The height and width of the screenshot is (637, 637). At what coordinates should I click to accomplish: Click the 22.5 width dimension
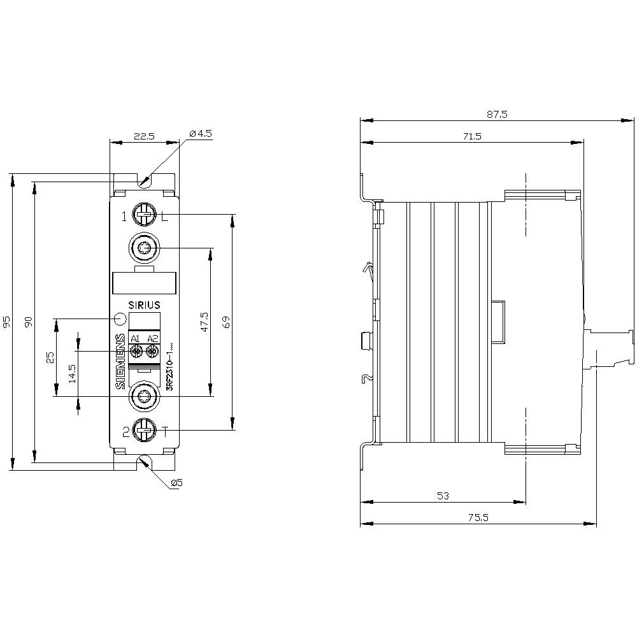click(x=144, y=136)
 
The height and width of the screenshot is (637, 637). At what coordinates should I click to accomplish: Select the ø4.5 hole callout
click(x=201, y=134)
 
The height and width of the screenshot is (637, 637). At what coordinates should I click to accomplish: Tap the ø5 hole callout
click(x=177, y=483)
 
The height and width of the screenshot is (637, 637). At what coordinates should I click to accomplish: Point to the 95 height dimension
click(x=6, y=322)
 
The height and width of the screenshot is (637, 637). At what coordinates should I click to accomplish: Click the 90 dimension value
click(x=28, y=322)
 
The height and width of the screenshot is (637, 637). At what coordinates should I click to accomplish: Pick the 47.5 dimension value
click(x=204, y=322)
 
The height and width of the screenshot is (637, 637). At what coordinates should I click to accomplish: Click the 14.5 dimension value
click(x=72, y=374)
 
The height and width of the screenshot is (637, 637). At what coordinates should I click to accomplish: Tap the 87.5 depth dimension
click(x=497, y=115)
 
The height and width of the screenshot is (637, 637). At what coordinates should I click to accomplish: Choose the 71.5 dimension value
click(x=471, y=136)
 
